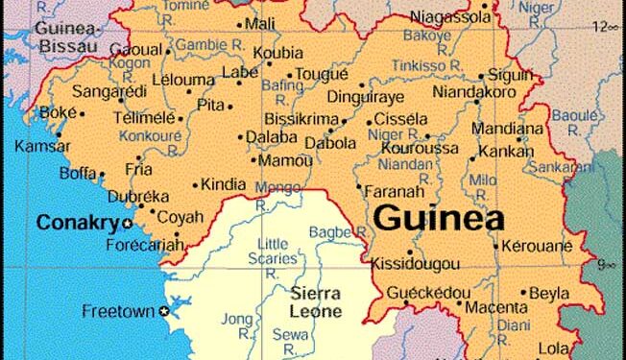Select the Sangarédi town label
(83, 94)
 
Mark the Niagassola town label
(448, 16)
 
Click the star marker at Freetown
(165, 311)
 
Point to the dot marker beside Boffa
(102, 175)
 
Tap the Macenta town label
(495, 307)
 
